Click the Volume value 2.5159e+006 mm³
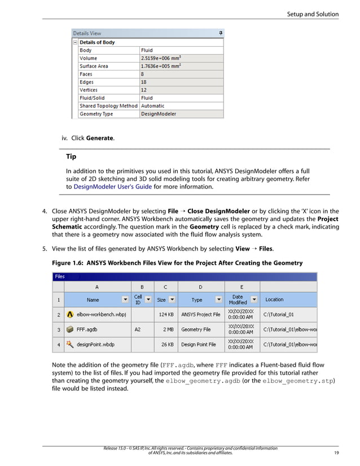pos(161,58)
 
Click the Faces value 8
pos(142,74)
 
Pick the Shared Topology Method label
pos(108,105)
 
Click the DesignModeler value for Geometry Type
pos(159,113)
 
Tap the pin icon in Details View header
pos(221,33)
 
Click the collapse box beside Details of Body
pos(76,42)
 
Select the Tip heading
pos(71,157)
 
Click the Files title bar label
pos(60,276)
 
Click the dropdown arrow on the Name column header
pos(124,300)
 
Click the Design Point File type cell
pos(198,344)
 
